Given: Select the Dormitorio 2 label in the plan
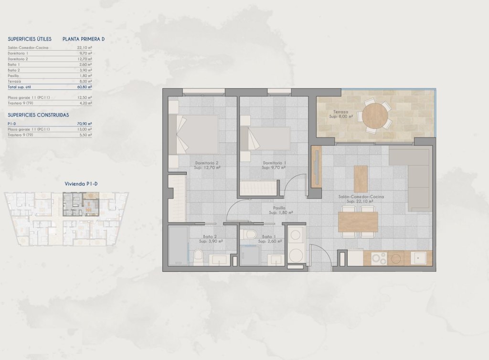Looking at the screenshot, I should [206, 165].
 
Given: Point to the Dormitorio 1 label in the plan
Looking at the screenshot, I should [275, 165].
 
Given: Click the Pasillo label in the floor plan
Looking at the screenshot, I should [279, 210].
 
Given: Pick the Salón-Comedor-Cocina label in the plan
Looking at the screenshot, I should [361, 199].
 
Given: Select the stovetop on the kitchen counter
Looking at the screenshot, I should [379, 258].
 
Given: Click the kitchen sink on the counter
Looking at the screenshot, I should [419, 258].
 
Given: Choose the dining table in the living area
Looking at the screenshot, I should [358, 222].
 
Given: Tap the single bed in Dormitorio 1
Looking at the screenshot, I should [266, 138].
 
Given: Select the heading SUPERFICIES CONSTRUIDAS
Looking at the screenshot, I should [39, 115].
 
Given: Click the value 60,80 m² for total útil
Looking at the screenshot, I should [85, 87].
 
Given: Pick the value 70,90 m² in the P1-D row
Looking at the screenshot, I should [85, 124].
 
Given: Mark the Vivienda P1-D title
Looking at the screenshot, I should [84, 183].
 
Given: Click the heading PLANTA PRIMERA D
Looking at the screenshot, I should [84, 39].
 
